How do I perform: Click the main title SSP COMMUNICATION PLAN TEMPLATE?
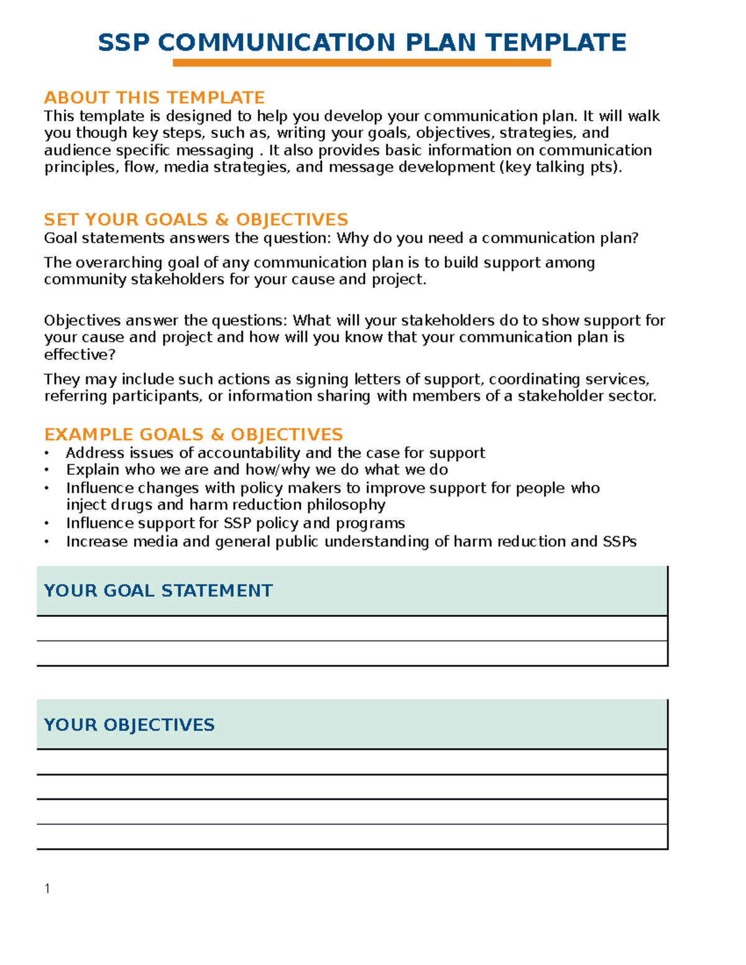(362, 43)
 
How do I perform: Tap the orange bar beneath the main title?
(362, 63)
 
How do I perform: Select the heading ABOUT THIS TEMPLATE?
(154, 98)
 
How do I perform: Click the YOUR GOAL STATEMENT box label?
(158, 590)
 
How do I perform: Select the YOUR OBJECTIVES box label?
(129, 725)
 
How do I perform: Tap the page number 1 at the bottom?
(47, 889)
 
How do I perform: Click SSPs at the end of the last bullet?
(620, 542)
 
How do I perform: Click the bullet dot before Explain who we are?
(47, 470)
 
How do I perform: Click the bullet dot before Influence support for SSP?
(47, 524)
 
